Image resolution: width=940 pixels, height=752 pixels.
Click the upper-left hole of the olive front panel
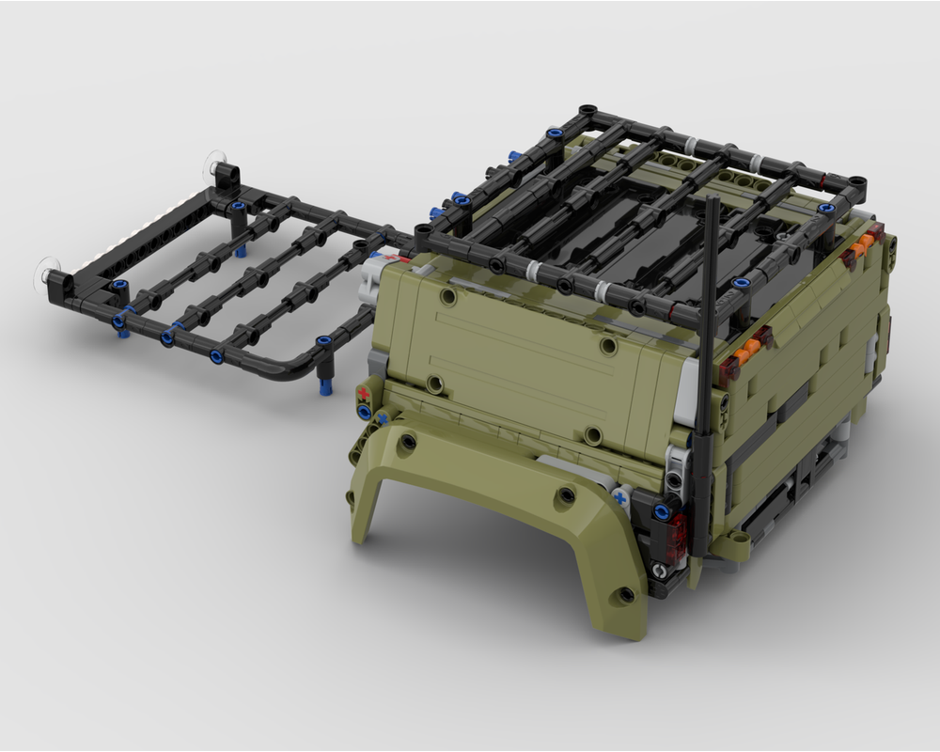[x=447, y=296]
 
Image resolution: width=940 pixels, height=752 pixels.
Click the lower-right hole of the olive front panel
[x=592, y=434]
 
